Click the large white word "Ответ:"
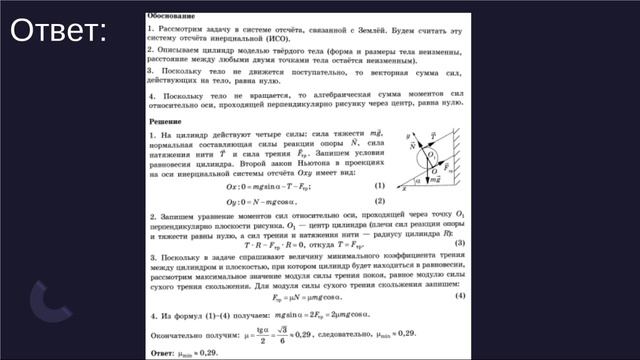(x=58, y=31)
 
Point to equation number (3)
(x=459, y=243)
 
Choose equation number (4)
(x=459, y=296)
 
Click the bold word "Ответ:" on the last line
(x=161, y=353)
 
